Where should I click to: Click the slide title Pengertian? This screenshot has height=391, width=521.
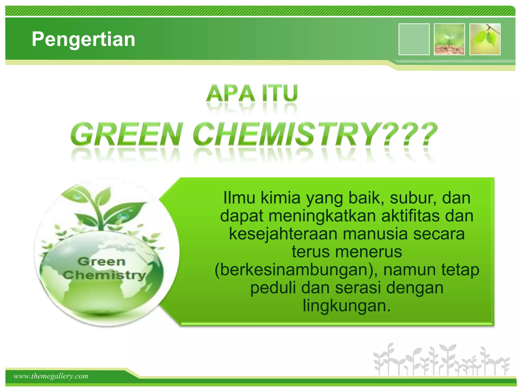coord(83,39)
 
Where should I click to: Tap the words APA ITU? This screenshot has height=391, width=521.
coord(252,93)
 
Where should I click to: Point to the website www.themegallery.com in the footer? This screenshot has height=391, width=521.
coord(51,376)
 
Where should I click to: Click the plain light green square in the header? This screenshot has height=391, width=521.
coord(414,39)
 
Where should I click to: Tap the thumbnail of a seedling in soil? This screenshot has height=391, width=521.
coord(449,39)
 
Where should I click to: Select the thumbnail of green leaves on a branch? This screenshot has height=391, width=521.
coord(485,39)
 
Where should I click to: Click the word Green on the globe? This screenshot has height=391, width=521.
coord(102,262)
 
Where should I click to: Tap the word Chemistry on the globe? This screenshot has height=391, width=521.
coord(104,275)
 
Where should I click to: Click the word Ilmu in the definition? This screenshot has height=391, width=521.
coord(239,198)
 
